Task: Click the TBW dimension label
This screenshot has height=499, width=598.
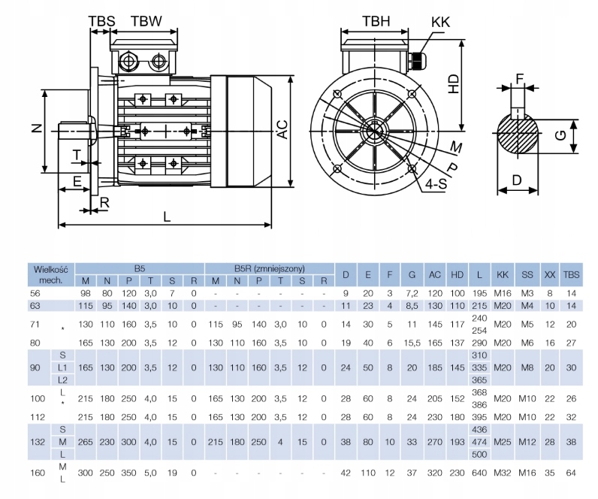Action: [x=146, y=21]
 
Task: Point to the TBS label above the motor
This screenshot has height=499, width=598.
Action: [x=101, y=21]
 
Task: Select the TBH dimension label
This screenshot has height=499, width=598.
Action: [x=376, y=21]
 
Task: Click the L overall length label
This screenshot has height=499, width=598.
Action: [x=167, y=216]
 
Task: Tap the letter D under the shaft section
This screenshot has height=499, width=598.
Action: [x=517, y=180]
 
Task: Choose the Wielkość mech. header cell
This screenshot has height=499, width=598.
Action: [x=50, y=274]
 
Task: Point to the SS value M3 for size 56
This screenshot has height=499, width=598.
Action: [x=528, y=292]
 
